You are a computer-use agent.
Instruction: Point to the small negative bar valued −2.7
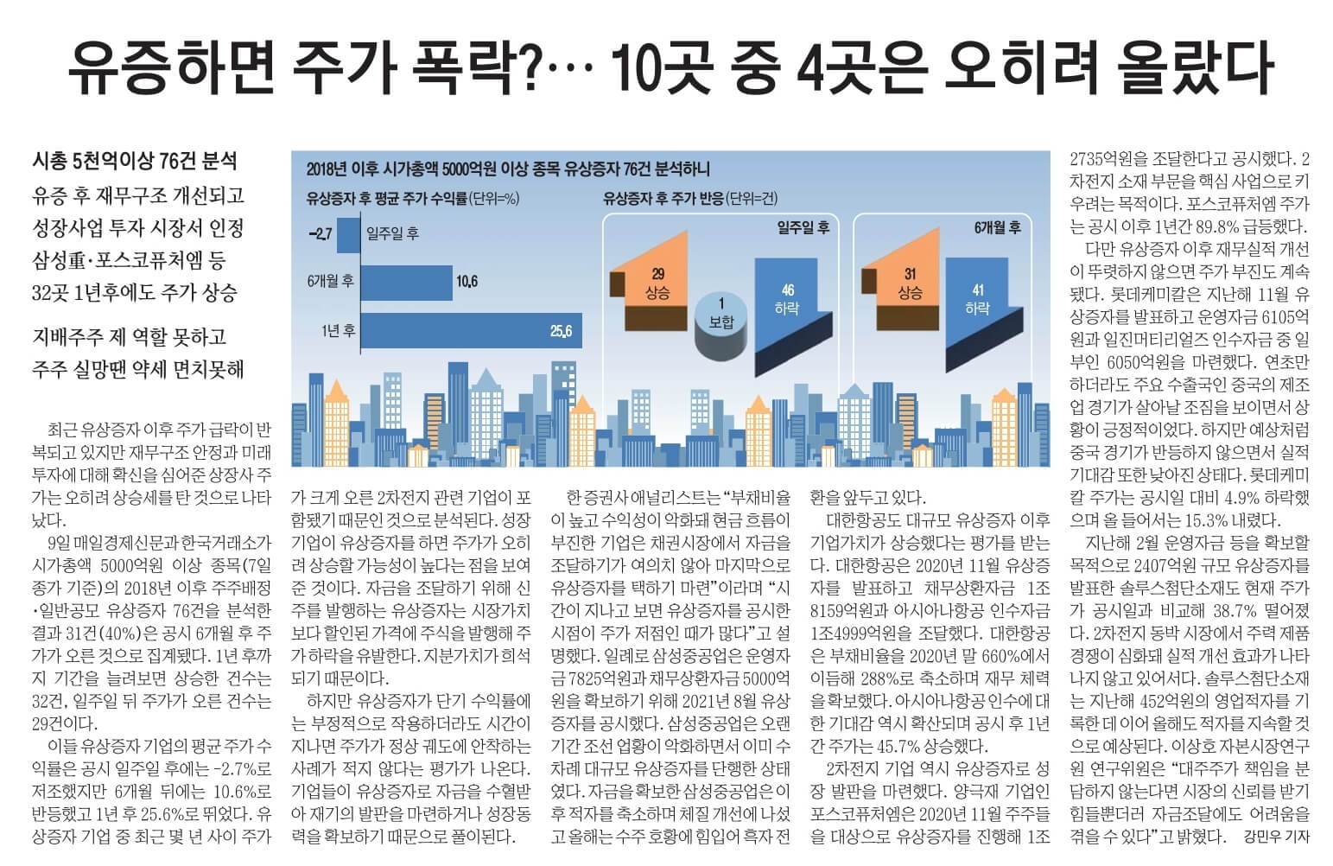[x=348, y=233]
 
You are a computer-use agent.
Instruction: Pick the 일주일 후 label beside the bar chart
[x=393, y=233]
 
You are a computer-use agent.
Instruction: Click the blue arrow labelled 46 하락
[x=786, y=307]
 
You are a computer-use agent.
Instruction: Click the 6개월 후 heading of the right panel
[x=997, y=228]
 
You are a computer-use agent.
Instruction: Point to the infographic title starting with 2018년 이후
[x=507, y=169]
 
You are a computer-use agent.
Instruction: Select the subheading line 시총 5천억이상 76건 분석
[x=134, y=161]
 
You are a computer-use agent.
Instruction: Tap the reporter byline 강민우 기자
[x=1276, y=836]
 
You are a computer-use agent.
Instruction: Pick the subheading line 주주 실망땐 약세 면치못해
[x=138, y=369]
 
